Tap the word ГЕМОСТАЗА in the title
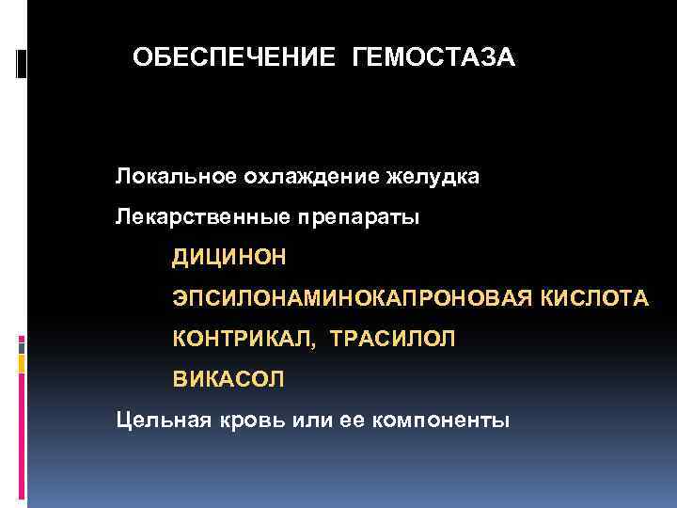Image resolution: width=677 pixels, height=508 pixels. (x=434, y=59)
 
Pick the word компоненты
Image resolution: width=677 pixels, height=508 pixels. (x=441, y=420)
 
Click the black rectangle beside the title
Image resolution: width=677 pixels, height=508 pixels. (x=23, y=64)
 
